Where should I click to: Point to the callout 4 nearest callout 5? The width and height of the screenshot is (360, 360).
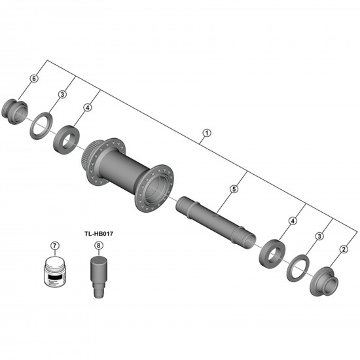(293, 221)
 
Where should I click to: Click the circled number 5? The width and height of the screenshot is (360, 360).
(233, 189)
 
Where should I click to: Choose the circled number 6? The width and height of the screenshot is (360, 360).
(33, 79)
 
